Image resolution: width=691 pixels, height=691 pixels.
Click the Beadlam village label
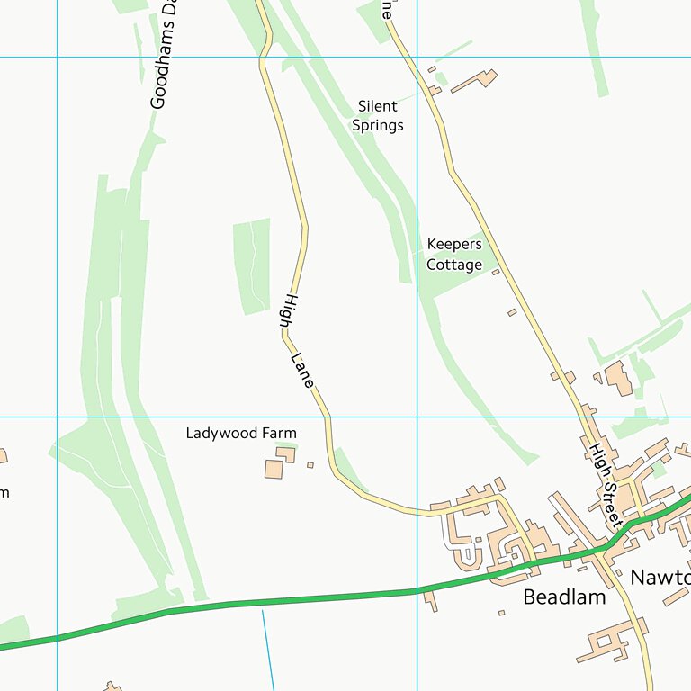564,597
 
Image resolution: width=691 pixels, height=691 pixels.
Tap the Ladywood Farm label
241,433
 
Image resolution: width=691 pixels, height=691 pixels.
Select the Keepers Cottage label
454,255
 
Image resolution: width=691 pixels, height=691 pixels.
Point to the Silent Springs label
378,116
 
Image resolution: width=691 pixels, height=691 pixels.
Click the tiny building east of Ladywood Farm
310,465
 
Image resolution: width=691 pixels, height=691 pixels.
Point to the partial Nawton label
660,577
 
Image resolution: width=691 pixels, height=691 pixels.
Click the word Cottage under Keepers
454,265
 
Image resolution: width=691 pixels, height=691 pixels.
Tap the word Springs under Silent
378,125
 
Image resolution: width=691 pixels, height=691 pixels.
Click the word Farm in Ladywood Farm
279,433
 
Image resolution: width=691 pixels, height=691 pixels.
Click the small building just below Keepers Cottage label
495,272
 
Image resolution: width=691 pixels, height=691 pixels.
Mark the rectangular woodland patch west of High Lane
252,265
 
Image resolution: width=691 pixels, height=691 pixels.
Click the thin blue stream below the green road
268,648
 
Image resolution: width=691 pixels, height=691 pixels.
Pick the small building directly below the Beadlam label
501,613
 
